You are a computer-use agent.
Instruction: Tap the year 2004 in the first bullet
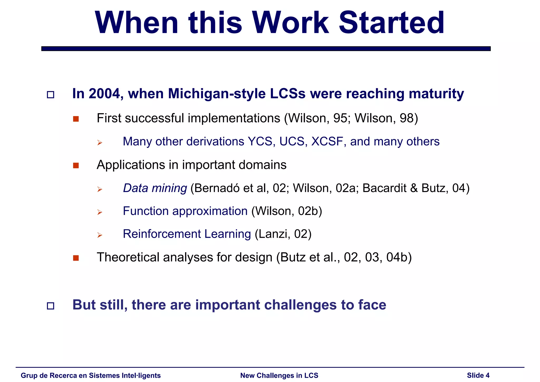point(104,94)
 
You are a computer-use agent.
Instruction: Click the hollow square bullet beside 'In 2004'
point(50,95)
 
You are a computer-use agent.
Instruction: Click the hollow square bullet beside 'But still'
point(50,306)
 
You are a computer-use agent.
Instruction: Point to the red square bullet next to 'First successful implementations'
point(76,119)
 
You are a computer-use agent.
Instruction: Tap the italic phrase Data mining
point(155,188)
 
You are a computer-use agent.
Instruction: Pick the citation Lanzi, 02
point(283,234)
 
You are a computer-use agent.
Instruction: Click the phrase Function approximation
point(185,211)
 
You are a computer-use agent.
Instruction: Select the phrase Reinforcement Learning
point(187,234)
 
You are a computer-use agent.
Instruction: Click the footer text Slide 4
point(478,375)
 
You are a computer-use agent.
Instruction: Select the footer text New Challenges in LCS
point(279,375)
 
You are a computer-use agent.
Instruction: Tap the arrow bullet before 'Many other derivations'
point(99,143)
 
